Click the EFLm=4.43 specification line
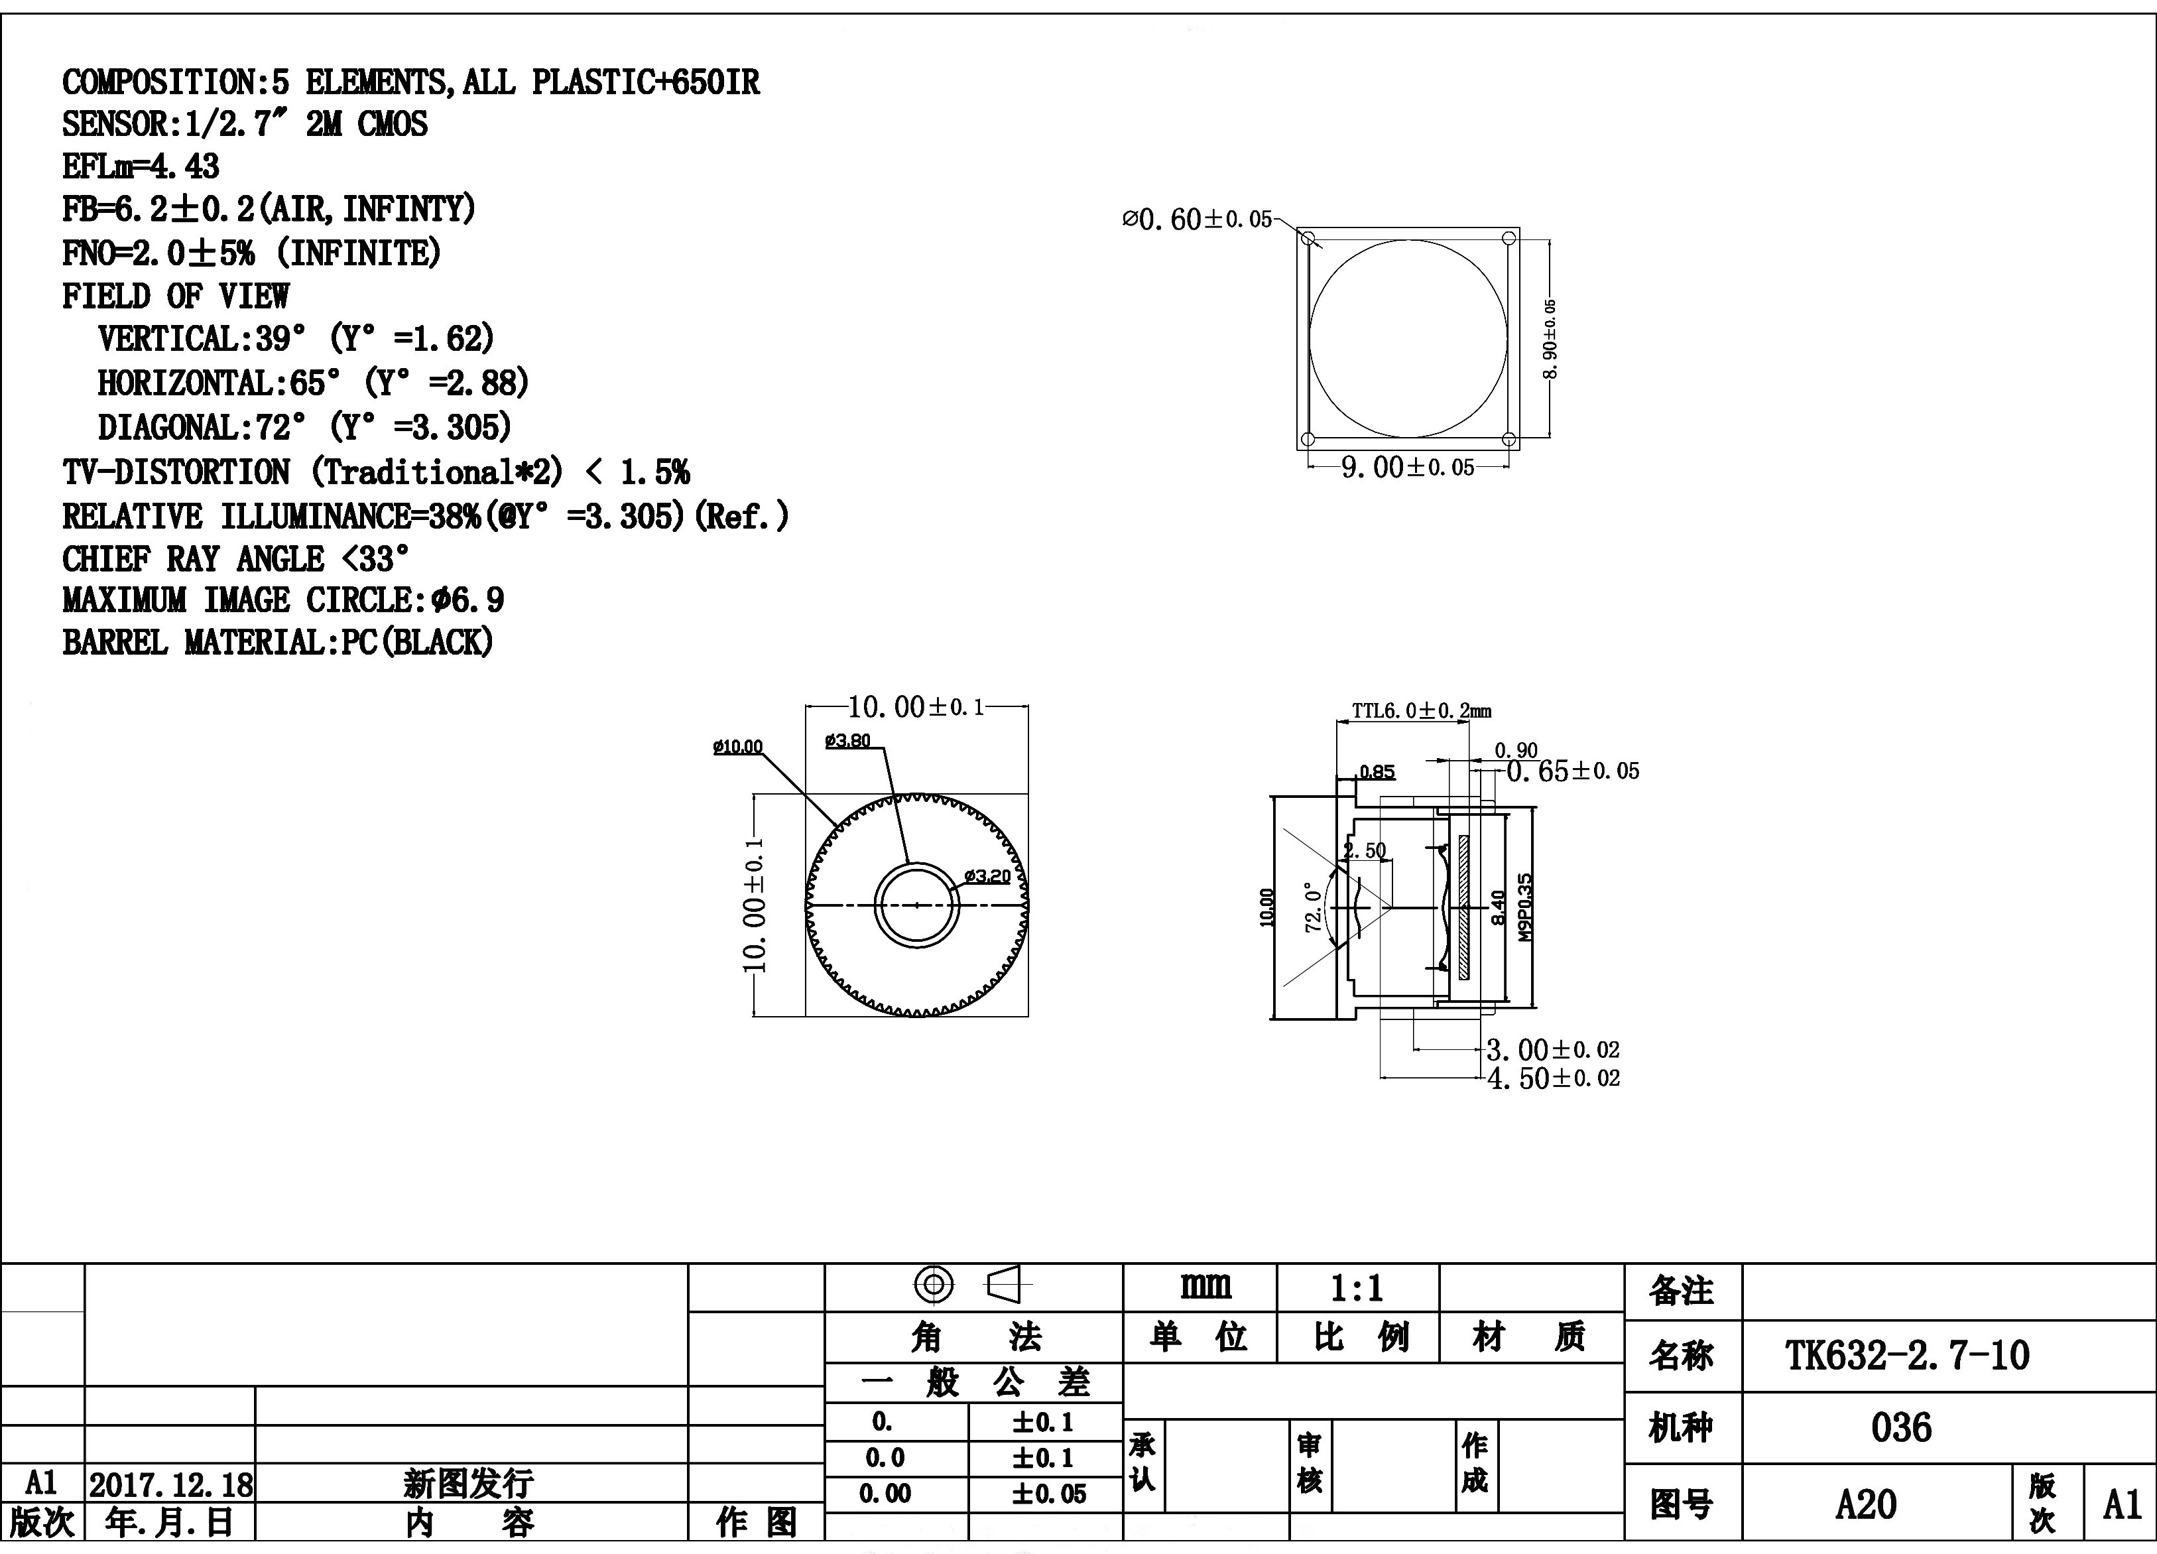coord(141,166)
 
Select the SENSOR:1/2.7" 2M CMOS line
coord(245,123)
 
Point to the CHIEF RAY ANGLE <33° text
coord(236,558)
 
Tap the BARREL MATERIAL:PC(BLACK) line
coord(278,642)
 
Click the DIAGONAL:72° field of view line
coord(304,427)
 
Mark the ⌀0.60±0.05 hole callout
coord(1196,220)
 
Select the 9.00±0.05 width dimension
coord(1408,467)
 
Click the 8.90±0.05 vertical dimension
coord(1550,338)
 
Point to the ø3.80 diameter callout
coord(847,740)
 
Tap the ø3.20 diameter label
coord(987,876)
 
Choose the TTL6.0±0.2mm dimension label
coord(1422,710)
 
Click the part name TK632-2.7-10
coord(1908,1355)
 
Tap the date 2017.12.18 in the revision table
coord(171,1484)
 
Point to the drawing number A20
coord(1866,1504)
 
